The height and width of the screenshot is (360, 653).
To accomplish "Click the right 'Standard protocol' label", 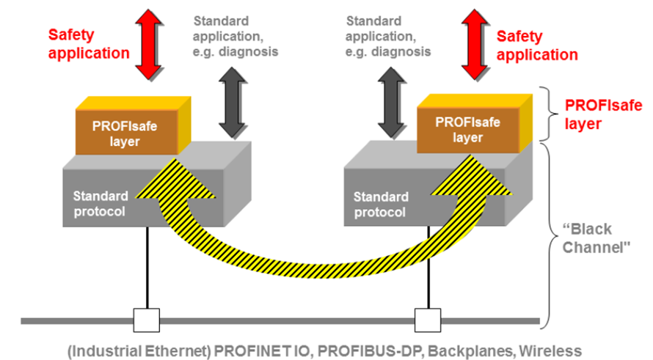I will (382, 204).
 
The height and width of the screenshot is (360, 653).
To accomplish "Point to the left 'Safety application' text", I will (89, 43).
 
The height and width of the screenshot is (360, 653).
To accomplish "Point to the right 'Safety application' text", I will (537, 45).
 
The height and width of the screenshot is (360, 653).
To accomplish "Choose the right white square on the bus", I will (425, 320).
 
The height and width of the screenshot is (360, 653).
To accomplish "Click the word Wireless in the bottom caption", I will (554, 350).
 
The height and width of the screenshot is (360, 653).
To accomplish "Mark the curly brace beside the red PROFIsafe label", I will (550, 114).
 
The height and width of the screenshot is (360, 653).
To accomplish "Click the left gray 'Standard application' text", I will (235, 36).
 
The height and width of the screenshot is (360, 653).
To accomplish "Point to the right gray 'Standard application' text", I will (388, 36).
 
